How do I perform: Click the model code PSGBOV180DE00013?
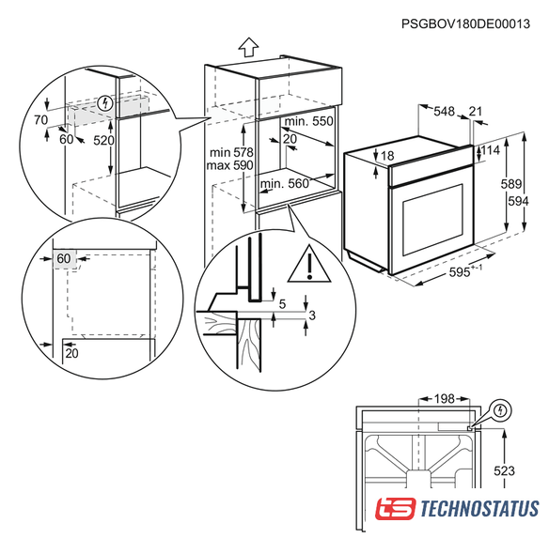click(x=465, y=23)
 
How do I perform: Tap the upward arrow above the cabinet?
click(x=248, y=47)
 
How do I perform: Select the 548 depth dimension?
click(x=444, y=112)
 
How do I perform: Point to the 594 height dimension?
click(x=518, y=201)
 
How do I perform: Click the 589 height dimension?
click(x=511, y=184)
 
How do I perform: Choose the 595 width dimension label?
click(x=460, y=272)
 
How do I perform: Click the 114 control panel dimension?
click(x=491, y=150)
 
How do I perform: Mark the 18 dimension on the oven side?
click(x=387, y=156)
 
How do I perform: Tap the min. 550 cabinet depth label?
click(x=308, y=121)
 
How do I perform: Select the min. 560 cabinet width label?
click(x=285, y=184)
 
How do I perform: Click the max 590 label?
click(x=230, y=165)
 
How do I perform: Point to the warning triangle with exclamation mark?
click(x=309, y=264)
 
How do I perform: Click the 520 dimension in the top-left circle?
click(x=103, y=141)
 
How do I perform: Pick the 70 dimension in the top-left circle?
click(x=41, y=120)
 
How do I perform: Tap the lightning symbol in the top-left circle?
click(x=105, y=103)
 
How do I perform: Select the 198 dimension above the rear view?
click(x=444, y=399)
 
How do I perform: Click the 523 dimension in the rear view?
click(x=504, y=471)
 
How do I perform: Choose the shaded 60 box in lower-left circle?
click(x=64, y=259)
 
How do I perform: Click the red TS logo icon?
click(x=396, y=509)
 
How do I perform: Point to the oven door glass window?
click(x=432, y=220)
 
